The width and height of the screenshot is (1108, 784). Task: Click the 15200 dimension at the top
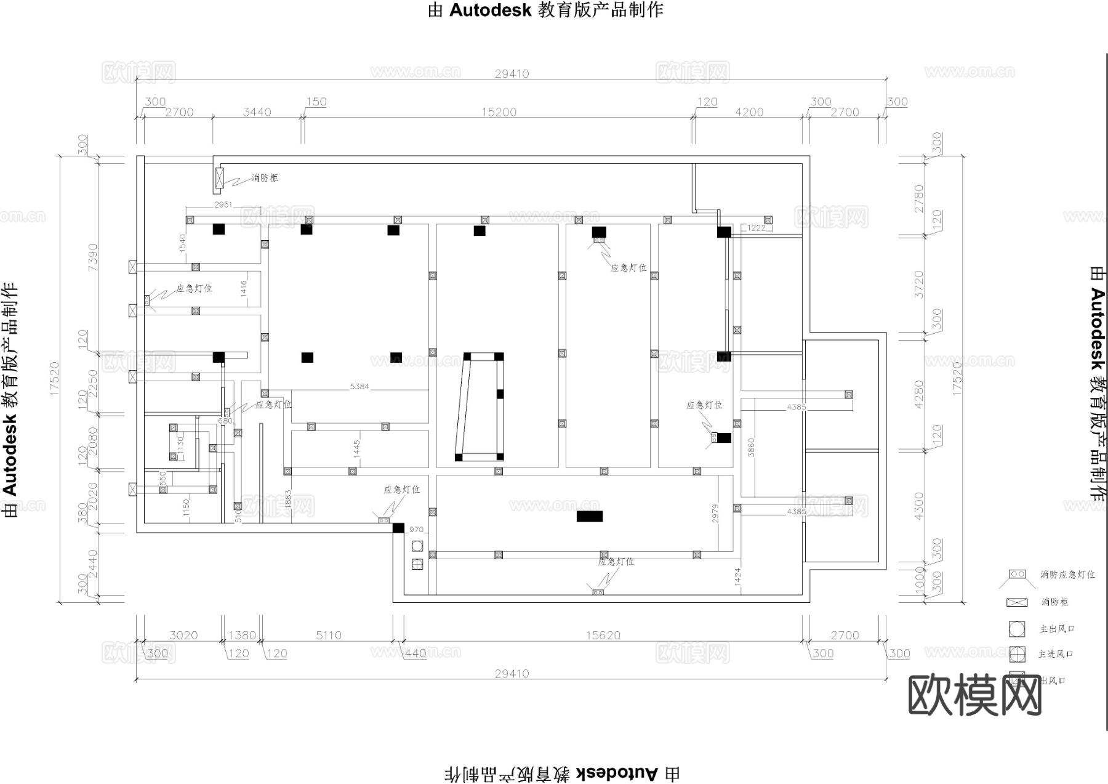pos(499,112)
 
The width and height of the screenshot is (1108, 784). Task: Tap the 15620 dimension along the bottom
pos(603,635)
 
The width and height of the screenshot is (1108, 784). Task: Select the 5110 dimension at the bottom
pos(328,635)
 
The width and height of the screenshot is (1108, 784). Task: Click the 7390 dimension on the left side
pos(92,257)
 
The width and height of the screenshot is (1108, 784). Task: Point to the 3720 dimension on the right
pos(919,285)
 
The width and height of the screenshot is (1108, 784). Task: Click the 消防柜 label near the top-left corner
pos(265,178)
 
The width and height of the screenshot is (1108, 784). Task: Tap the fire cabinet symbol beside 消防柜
pos(219,178)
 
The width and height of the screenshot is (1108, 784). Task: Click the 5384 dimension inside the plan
pos(359,386)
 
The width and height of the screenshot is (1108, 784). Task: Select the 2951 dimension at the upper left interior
pos(223,204)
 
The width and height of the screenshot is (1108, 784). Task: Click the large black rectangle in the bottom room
pos(589,516)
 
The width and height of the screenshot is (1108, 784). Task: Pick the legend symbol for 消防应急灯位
pos(1017,574)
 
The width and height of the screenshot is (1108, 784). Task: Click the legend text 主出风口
pos(1057,629)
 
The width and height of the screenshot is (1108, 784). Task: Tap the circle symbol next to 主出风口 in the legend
pos(1017,629)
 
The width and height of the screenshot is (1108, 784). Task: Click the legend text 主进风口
pos(1056,654)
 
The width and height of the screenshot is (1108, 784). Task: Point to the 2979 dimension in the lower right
pos(715,514)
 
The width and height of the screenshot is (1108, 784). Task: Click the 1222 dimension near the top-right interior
pos(757,228)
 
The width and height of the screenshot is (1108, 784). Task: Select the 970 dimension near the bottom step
pos(416,530)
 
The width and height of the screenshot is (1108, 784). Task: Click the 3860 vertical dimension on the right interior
pos(750,447)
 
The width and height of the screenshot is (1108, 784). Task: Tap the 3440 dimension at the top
pos(257,112)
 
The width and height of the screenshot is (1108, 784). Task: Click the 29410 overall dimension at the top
pos(512,73)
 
